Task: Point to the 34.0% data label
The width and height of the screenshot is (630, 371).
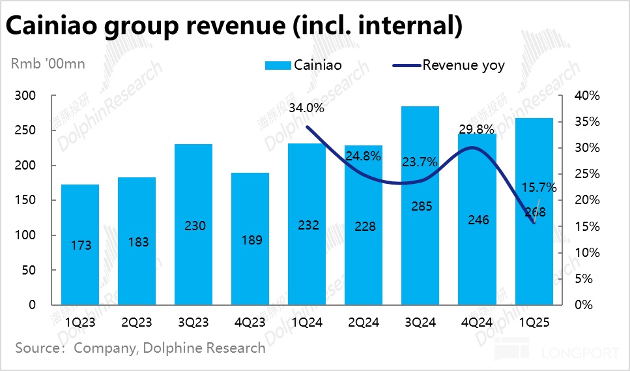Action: tap(305, 108)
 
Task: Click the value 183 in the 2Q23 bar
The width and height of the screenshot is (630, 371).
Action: tap(138, 242)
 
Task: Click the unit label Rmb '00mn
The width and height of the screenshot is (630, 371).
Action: tap(47, 63)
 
